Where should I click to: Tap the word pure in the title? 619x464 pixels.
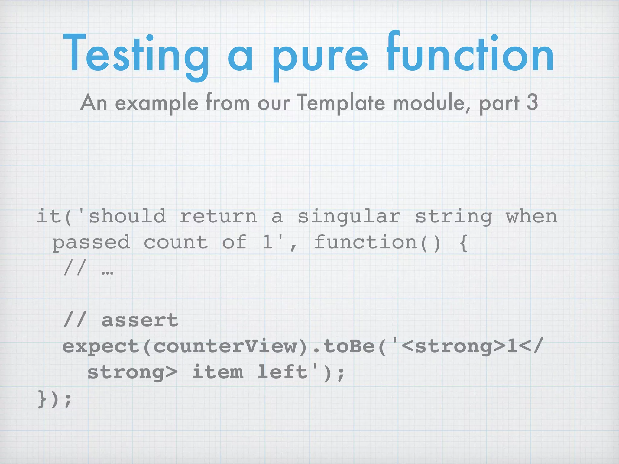click(320, 57)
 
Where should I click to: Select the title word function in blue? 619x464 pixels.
click(470, 54)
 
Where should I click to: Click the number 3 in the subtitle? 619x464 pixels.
click(532, 102)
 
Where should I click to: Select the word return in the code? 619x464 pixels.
click(218, 216)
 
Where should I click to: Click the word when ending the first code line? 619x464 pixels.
click(531, 216)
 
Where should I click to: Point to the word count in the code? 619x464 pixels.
click(176, 242)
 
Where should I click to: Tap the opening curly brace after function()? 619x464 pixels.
click(463, 243)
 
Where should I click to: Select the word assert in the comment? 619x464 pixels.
click(140, 320)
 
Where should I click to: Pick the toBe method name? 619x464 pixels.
click(349, 346)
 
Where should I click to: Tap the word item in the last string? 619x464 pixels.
click(218, 372)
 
